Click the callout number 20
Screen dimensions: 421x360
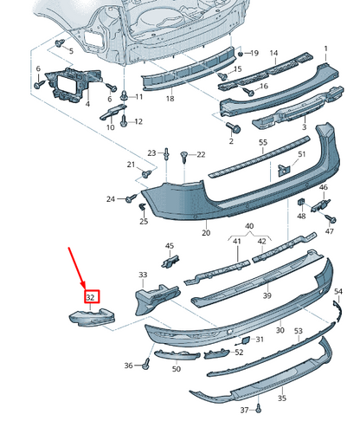pyautogui.click(x=206, y=233)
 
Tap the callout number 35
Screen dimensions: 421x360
pyautogui.click(x=281, y=399)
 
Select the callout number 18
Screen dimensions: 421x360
pyautogui.click(x=170, y=100)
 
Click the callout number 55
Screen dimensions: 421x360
pyautogui.click(x=263, y=141)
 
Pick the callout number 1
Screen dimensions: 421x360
pyautogui.click(x=326, y=49)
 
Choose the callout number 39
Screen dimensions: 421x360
pyautogui.click(x=267, y=295)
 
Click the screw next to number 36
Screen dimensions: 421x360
pyautogui.click(x=145, y=366)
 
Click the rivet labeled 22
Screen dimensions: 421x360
pyautogui.click(x=184, y=155)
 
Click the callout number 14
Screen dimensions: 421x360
pyautogui.click(x=273, y=54)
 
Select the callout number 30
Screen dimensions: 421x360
pyautogui.click(x=280, y=330)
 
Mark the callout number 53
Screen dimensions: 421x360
pyautogui.click(x=298, y=332)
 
